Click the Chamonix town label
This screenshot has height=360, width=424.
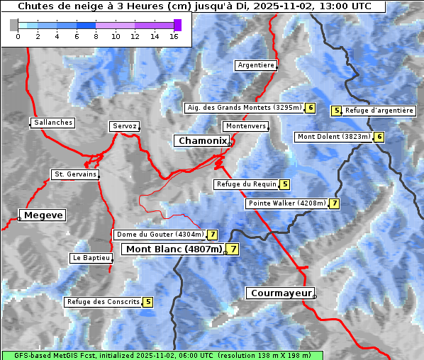[x=203, y=141]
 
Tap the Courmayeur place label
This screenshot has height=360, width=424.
[x=281, y=293]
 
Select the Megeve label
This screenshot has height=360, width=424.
[x=43, y=215]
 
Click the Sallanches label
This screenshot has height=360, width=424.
[x=53, y=123]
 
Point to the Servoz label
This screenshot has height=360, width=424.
[x=125, y=126]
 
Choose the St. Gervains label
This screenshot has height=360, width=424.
[x=74, y=174]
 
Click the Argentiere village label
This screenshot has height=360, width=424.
[x=256, y=65]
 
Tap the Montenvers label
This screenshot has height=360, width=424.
[x=246, y=126]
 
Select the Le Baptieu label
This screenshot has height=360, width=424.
[x=91, y=258]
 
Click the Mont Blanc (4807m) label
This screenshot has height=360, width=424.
[x=174, y=249]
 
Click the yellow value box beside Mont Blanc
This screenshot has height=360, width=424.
[x=233, y=249]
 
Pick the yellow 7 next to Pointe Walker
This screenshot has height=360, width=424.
[x=334, y=203]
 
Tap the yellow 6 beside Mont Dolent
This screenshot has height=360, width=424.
[x=379, y=137]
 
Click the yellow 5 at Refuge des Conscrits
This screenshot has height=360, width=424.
[x=147, y=302]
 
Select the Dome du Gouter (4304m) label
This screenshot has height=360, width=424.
[x=160, y=235]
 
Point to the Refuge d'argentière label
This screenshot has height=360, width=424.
[x=379, y=111]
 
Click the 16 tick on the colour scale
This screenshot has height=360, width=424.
[x=174, y=36]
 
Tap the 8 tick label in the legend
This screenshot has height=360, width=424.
[x=96, y=36]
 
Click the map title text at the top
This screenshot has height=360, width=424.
[x=194, y=6]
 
